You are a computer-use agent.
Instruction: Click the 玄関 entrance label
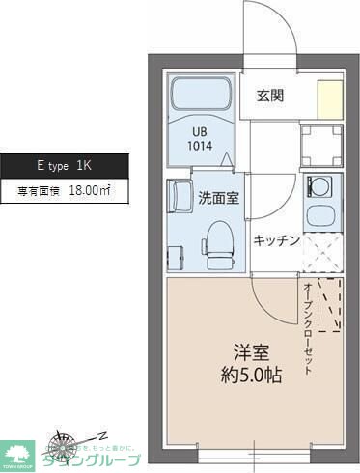tap(269, 95)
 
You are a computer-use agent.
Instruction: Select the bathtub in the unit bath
tap(200, 97)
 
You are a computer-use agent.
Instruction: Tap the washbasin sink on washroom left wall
tap(180, 197)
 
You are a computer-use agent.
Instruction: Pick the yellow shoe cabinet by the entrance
tap(330, 99)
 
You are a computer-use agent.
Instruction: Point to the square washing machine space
tap(319, 146)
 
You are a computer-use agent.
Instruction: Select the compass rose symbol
tap(68, 443)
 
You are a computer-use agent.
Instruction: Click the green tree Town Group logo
tap(18, 452)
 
